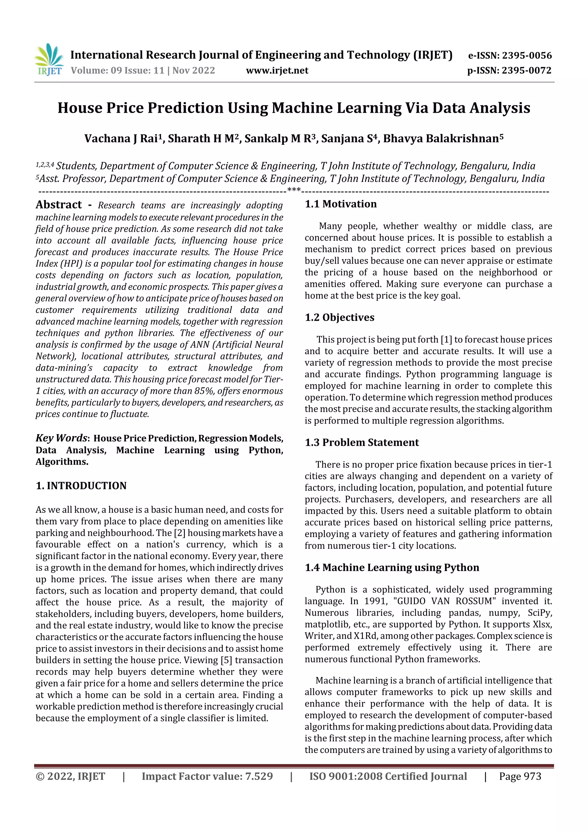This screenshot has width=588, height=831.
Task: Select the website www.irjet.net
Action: (277, 71)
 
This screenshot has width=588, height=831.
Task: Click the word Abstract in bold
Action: (59, 205)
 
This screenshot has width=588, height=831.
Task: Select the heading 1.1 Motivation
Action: (341, 204)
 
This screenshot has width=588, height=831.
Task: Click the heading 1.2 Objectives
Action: (339, 318)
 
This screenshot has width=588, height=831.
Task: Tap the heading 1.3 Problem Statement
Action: (361, 443)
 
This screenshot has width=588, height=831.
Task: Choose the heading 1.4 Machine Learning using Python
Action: (392, 567)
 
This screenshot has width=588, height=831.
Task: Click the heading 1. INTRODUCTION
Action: (81, 486)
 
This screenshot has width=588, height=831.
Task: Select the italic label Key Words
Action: (61, 438)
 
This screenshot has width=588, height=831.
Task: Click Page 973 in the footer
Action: (520, 776)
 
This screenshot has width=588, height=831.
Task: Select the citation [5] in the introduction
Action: (226, 660)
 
